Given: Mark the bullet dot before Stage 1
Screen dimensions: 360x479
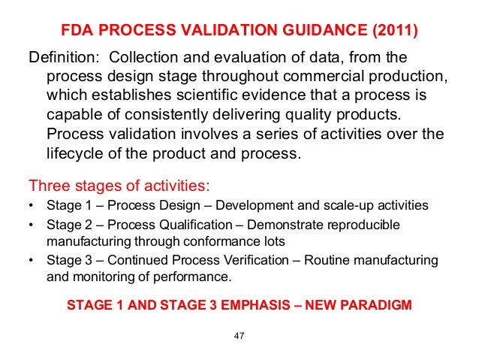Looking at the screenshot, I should [30, 205].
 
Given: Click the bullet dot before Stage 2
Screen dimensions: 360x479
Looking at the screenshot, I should [30, 225].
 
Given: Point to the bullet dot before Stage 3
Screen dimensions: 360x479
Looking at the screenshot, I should [30, 260].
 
